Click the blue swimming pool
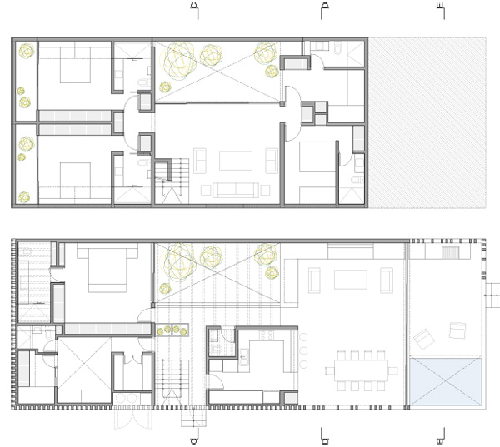click(x=445, y=381)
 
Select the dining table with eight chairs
click(x=362, y=370)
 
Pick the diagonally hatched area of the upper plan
click(x=427, y=123)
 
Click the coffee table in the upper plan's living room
click(x=236, y=161)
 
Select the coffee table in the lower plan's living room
click(x=351, y=280)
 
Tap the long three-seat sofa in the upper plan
click(x=236, y=190)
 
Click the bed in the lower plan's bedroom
click(x=107, y=268)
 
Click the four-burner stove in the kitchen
click(x=267, y=335)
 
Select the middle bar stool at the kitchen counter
click(x=303, y=350)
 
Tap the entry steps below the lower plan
click(x=194, y=417)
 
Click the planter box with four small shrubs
click(x=172, y=330)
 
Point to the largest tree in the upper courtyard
click(x=179, y=60)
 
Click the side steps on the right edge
click(x=492, y=296)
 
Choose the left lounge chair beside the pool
click(x=424, y=339)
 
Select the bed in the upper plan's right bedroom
click(x=317, y=156)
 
